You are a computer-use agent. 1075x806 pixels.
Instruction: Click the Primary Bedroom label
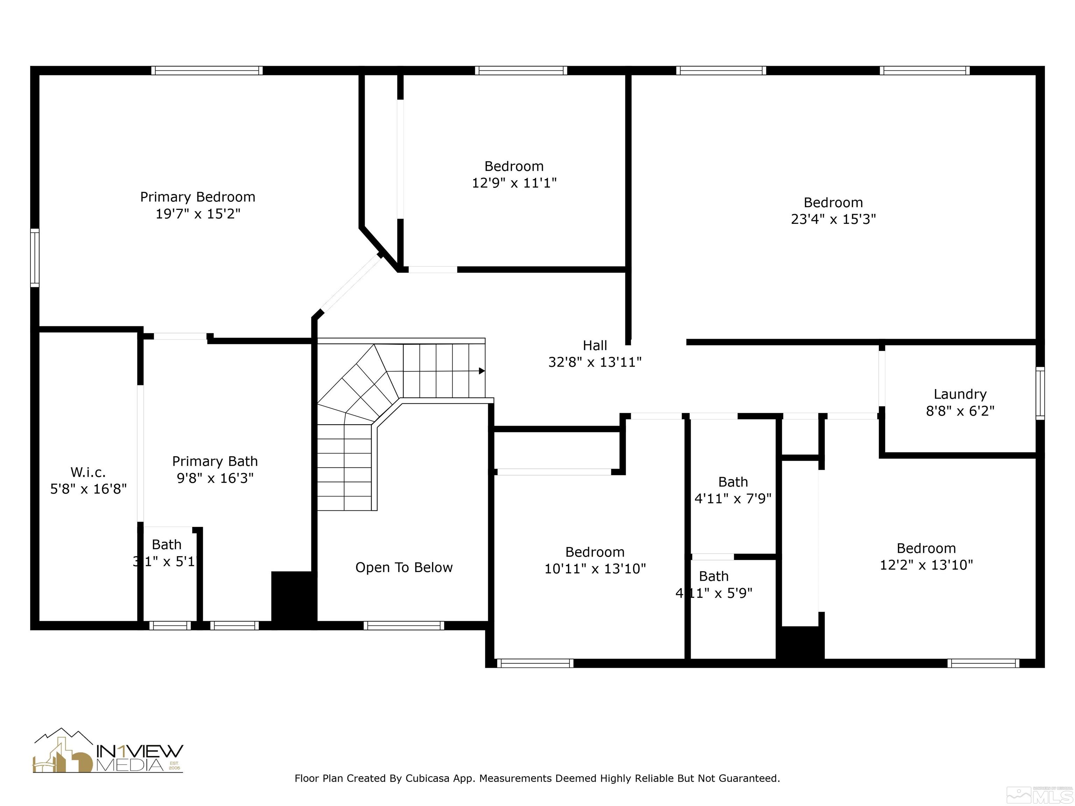click(197, 197)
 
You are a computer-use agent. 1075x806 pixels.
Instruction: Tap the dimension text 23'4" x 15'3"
click(833, 219)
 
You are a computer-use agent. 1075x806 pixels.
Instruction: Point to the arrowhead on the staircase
click(482, 371)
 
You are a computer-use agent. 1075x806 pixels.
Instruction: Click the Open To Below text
click(403, 567)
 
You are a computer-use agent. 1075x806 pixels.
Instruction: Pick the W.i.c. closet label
click(88, 472)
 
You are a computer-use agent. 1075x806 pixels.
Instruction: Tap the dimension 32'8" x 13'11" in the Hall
click(595, 362)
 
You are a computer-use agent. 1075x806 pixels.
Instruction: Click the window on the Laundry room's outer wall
click(1040, 393)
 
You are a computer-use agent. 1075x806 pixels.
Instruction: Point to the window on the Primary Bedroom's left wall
click(35, 257)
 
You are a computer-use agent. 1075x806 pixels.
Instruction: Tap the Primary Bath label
click(215, 461)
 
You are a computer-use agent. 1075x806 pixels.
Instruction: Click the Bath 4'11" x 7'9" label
click(733, 490)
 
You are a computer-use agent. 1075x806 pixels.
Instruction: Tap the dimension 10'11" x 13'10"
click(595, 569)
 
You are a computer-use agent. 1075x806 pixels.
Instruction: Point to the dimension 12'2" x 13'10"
click(926, 565)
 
